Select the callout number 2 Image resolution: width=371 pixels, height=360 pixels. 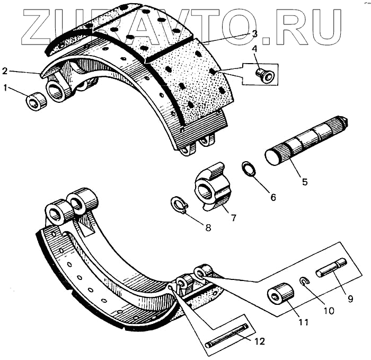tap(5, 71)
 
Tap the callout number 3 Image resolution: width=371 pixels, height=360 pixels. tap(254, 34)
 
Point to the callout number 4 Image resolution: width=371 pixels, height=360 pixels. tap(254, 49)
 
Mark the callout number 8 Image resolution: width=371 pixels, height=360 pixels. tap(208, 229)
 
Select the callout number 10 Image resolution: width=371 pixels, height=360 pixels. tap(329, 310)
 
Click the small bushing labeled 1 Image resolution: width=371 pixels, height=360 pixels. tap(36, 101)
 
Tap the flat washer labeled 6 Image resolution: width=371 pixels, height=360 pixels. tap(248, 169)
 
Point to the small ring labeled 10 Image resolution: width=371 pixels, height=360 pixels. tap(304, 282)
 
